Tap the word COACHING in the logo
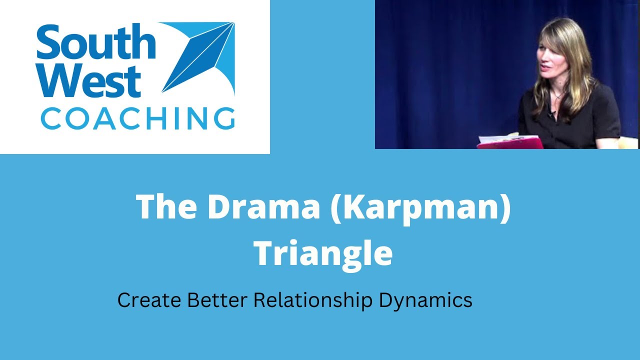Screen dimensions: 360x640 click(137, 119)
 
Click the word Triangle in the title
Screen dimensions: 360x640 click(323, 253)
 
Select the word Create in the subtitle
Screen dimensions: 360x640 click(149, 300)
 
